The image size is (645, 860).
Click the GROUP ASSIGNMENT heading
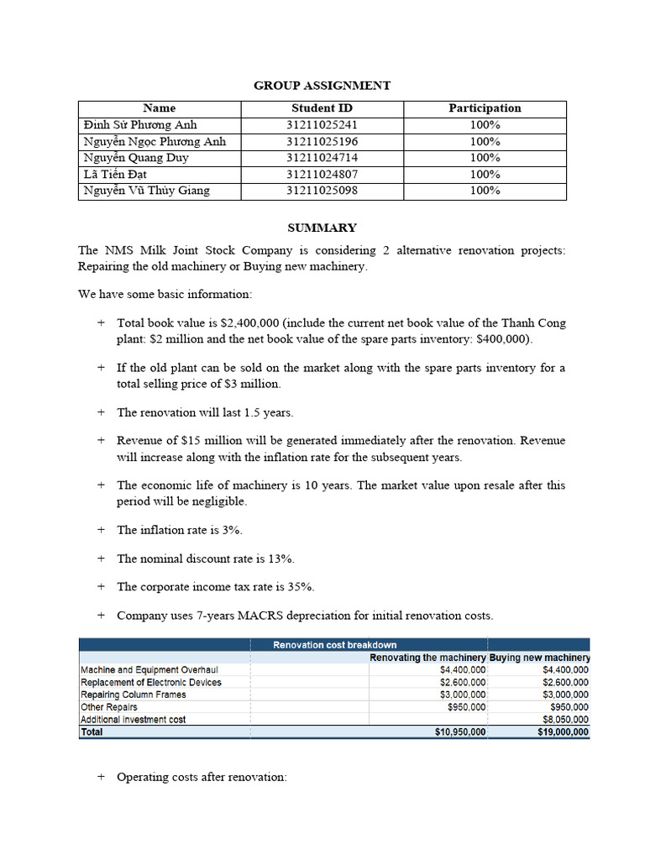(x=322, y=86)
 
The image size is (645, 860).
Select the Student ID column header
(x=322, y=108)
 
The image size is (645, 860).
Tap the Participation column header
(x=485, y=108)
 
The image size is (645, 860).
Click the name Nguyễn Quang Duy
(x=136, y=158)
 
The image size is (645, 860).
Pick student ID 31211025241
(x=322, y=125)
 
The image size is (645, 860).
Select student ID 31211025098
(x=322, y=191)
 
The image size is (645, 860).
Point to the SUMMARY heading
(x=322, y=228)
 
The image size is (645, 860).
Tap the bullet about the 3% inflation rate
(x=180, y=530)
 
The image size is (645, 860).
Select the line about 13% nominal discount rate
(x=205, y=558)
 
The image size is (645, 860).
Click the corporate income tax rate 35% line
(x=215, y=586)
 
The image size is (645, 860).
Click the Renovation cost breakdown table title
(x=335, y=645)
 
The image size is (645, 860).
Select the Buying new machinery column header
(x=540, y=658)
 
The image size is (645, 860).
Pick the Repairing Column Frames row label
(x=133, y=695)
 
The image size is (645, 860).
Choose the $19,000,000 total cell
(x=562, y=732)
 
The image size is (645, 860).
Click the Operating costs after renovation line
(x=202, y=777)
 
